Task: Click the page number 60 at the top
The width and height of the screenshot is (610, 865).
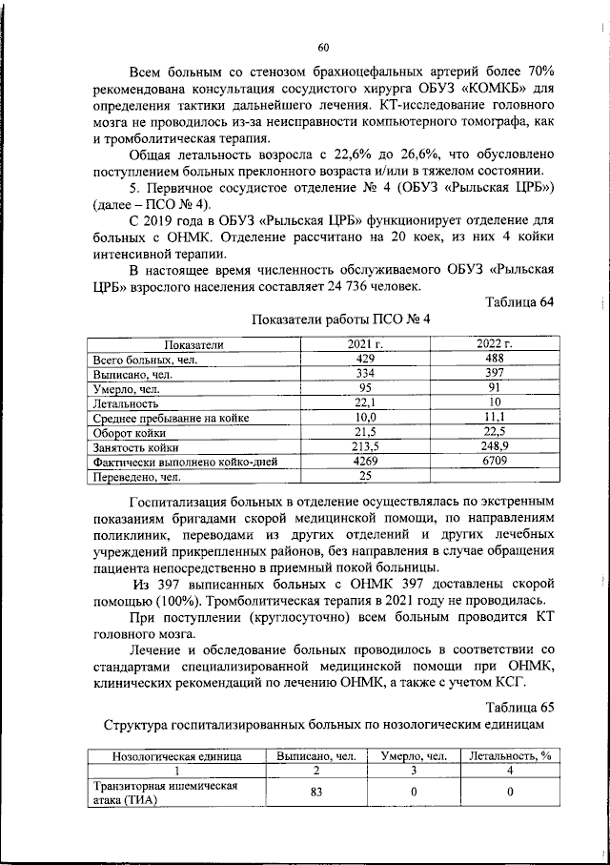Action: pos(323,48)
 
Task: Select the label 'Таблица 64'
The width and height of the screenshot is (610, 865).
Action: pos(518,302)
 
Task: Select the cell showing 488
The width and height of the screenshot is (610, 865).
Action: pos(495,360)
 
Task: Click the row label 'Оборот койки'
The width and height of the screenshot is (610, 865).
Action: pos(128,432)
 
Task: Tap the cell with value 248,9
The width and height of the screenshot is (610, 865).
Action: pos(495,446)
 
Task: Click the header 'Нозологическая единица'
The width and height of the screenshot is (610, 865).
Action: pos(177,756)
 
